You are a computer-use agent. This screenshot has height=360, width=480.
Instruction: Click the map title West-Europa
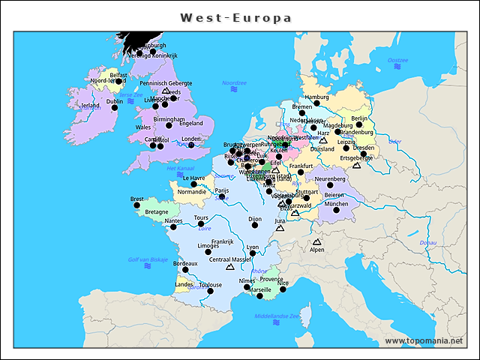click(235, 17)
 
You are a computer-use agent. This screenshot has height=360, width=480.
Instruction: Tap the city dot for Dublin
click(115, 108)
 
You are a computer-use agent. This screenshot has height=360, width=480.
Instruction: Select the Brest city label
click(137, 199)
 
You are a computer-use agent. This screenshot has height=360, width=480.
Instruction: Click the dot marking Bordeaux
click(185, 270)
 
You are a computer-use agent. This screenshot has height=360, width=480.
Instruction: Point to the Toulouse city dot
click(210, 291)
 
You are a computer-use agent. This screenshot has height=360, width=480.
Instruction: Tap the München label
click(337, 203)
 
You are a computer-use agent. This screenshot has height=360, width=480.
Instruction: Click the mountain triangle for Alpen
click(316, 242)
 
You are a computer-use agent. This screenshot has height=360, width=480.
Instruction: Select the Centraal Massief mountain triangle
click(230, 266)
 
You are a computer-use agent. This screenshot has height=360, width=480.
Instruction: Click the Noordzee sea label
click(234, 82)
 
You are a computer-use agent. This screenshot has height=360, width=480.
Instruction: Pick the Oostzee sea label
click(397, 60)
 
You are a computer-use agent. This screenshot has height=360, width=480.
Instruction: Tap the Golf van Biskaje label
click(148, 259)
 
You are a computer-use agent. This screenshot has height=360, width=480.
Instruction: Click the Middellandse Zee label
click(277, 316)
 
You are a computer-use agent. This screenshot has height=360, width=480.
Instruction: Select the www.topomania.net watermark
click(424, 341)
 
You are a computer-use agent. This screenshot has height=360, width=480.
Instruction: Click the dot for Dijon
click(254, 225)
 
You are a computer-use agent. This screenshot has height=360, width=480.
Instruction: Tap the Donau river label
click(427, 242)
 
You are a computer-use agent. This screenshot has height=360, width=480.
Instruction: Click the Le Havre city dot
click(193, 184)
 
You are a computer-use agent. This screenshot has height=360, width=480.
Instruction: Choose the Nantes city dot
click(173, 226)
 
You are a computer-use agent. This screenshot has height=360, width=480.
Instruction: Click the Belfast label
click(118, 75)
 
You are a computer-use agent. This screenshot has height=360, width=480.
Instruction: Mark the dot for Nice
click(283, 289)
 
